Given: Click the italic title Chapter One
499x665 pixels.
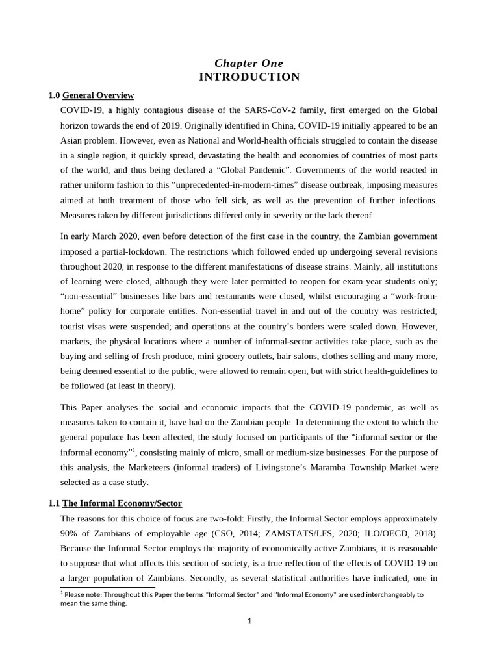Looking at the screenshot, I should (x=249, y=63).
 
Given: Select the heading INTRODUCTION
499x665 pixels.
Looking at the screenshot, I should (x=249, y=77).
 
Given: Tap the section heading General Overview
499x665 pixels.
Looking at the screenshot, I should (x=98, y=95).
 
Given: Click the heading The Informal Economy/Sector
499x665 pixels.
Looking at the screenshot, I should (x=122, y=503).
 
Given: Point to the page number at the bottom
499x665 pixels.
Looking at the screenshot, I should (x=249, y=621).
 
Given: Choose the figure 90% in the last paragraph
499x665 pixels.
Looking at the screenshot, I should (x=71, y=533).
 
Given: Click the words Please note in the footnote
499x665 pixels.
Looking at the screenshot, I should (x=83, y=594).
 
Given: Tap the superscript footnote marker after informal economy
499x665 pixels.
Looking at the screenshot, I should (x=134, y=449).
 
